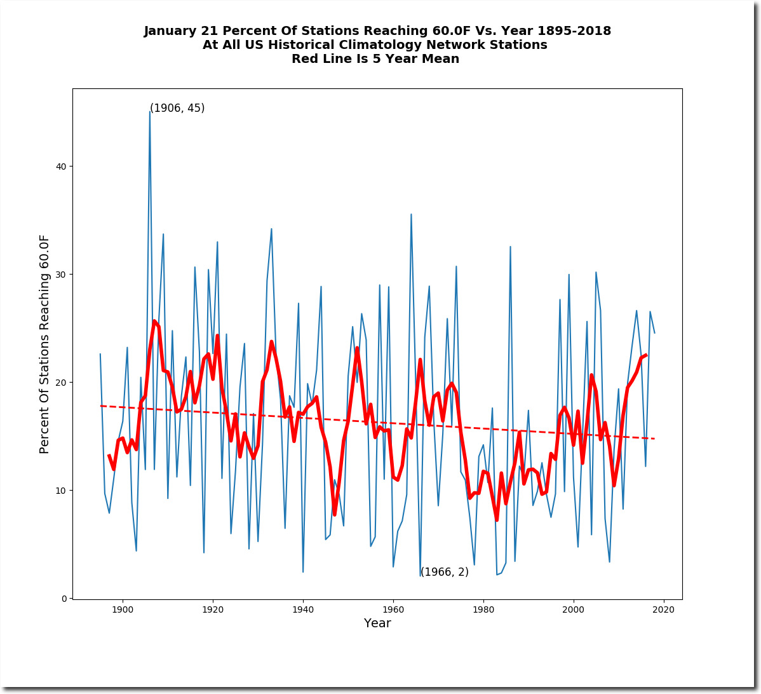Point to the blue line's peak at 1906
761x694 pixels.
coord(149,112)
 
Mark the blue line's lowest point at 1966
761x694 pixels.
coord(421,576)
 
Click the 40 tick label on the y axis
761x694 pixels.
coord(61,166)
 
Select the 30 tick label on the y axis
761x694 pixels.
coord(61,275)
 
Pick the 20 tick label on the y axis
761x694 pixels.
coord(61,382)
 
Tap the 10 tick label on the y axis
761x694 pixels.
coord(61,491)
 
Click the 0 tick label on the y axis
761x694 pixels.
coord(64,598)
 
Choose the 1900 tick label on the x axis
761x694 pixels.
coord(123,609)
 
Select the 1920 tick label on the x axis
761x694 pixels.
coord(213,609)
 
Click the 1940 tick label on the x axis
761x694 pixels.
coord(303,609)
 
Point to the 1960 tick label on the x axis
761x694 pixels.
coord(393,609)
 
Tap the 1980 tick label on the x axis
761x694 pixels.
coord(483,609)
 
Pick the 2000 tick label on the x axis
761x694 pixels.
coord(573,609)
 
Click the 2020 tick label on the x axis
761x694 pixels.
coord(663,609)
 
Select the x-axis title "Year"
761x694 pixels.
coord(377,623)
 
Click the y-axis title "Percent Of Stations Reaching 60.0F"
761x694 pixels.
coord(44,344)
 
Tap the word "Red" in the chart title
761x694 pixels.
coord(304,58)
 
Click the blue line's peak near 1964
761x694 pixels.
coord(411,214)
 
